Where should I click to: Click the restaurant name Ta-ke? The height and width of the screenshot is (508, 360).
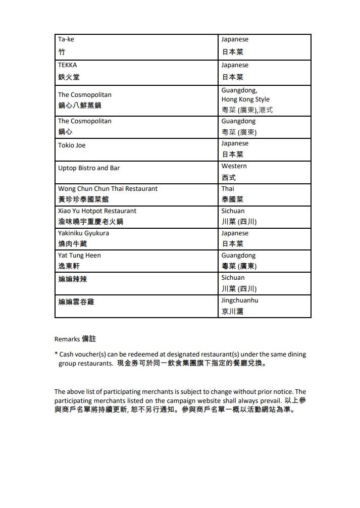(66, 39)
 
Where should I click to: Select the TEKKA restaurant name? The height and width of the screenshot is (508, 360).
(68, 65)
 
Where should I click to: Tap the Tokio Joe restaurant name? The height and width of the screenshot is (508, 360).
(72, 145)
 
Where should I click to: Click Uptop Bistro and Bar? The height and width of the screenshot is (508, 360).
(89, 168)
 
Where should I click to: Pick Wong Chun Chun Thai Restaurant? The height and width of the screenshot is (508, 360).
(108, 189)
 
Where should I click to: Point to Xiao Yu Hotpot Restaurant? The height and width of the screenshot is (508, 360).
(97, 211)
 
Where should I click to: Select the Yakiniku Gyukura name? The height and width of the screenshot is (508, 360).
(83, 233)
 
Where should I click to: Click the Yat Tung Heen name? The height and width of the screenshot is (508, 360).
(79, 256)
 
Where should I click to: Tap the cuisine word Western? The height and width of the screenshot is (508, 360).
(234, 166)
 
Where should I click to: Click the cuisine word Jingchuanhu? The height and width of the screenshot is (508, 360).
(240, 300)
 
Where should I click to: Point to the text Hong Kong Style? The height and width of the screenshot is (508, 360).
(245, 99)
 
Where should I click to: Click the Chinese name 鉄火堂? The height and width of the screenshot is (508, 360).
(69, 77)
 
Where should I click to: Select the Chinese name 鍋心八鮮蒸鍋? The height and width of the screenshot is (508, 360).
(80, 106)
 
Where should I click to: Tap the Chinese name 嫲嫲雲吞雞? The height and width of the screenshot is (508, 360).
(76, 302)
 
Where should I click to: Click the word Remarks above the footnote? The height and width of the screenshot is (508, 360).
(67, 339)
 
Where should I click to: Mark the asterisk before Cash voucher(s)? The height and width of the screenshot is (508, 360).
(56, 354)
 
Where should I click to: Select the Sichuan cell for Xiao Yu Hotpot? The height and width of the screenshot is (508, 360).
(233, 211)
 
